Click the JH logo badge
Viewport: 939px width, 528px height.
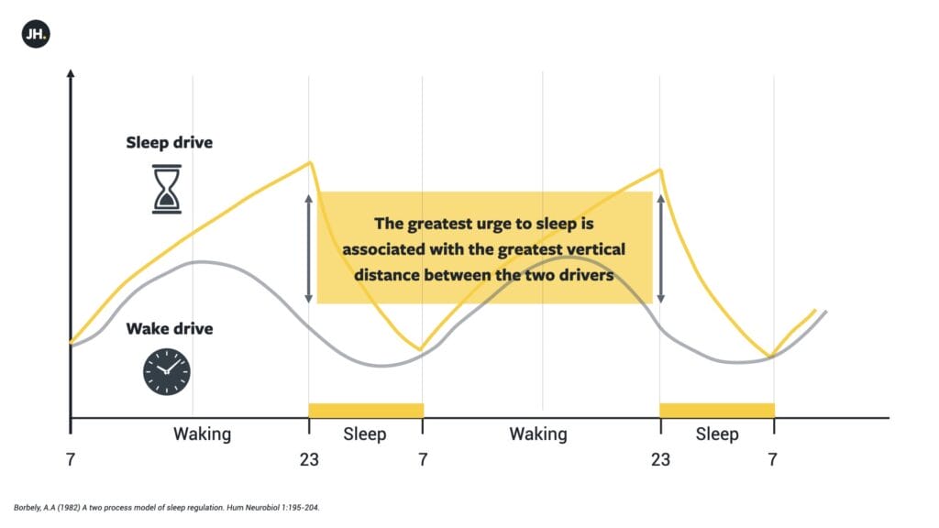tap(36, 34)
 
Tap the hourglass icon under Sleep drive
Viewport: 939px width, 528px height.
tap(167, 189)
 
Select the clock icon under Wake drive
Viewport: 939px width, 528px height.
tap(167, 372)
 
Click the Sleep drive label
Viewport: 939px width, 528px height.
tap(169, 142)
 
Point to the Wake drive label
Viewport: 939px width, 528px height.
tap(170, 329)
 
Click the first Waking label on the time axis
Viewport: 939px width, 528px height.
tap(202, 434)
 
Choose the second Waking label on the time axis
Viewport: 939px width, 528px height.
tap(537, 434)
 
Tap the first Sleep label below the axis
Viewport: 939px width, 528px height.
tap(364, 434)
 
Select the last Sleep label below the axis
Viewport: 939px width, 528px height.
tap(717, 434)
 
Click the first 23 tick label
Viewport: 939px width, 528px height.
tap(309, 460)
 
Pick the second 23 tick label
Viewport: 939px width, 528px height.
tap(660, 460)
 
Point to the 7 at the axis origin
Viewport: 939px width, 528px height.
tap(71, 460)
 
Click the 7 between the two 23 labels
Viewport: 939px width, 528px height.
tap(423, 460)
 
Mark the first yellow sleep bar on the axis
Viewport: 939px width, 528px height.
tap(366, 410)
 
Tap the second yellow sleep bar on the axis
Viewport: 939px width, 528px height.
tap(717, 410)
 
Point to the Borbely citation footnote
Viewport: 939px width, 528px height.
tap(167, 508)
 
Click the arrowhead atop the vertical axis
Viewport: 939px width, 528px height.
tap(71, 73)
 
